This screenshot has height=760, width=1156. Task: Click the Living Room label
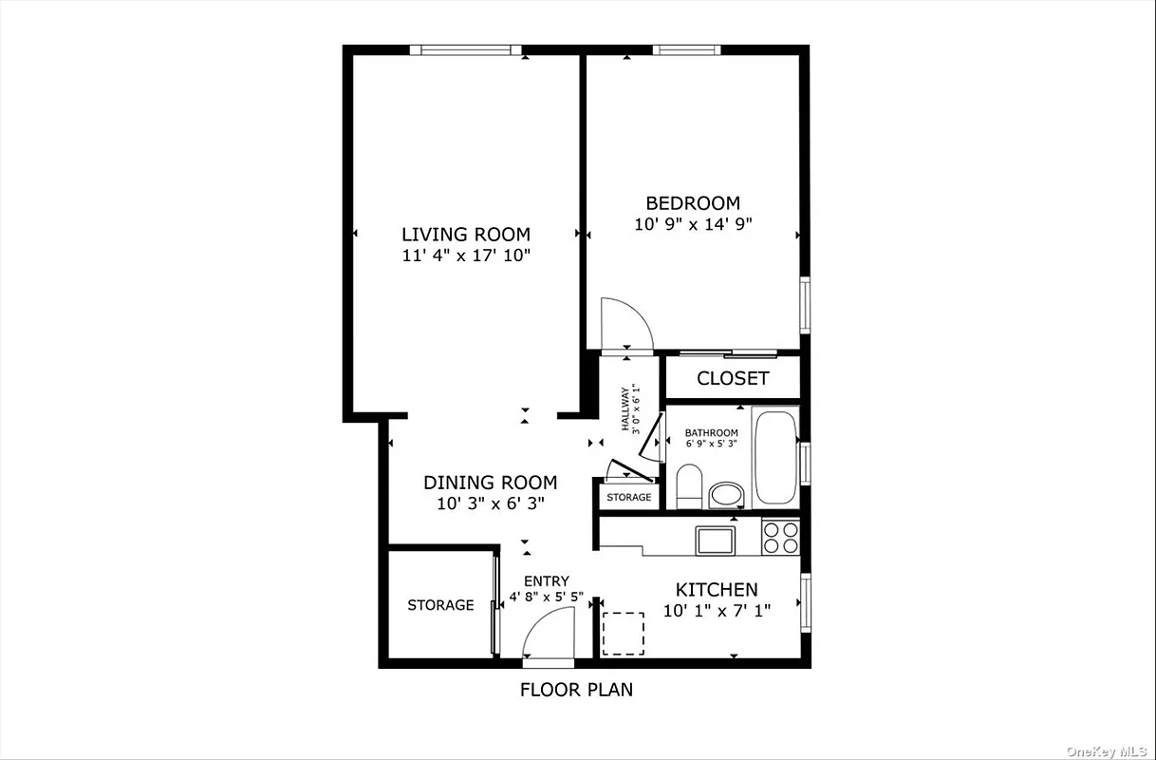pyautogui.click(x=465, y=234)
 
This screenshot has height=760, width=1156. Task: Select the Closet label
pyautogui.click(x=733, y=378)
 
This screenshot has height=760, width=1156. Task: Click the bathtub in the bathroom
pyautogui.click(x=776, y=457)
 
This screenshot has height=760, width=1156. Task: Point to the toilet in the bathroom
pyautogui.click(x=689, y=484)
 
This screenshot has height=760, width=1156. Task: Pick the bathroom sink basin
pyautogui.click(x=727, y=494)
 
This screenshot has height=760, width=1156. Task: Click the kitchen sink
pyautogui.click(x=714, y=541)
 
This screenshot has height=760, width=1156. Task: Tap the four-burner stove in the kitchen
pyautogui.click(x=781, y=539)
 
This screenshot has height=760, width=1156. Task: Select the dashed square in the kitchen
pyautogui.click(x=624, y=634)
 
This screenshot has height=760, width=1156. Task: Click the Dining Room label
pyautogui.click(x=490, y=483)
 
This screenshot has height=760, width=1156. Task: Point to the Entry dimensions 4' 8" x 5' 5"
pyautogui.click(x=547, y=598)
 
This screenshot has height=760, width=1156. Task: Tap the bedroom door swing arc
pyautogui.click(x=626, y=323)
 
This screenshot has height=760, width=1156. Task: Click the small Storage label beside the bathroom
pyautogui.click(x=629, y=497)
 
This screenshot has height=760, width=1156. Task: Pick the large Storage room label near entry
pyautogui.click(x=440, y=605)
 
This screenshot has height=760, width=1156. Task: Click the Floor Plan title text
pyautogui.click(x=576, y=690)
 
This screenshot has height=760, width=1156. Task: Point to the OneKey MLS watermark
pyautogui.click(x=1107, y=750)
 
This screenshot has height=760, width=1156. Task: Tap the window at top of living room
pyautogui.click(x=466, y=50)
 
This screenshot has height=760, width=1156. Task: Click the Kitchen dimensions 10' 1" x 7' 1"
pyautogui.click(x=717, y=611)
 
